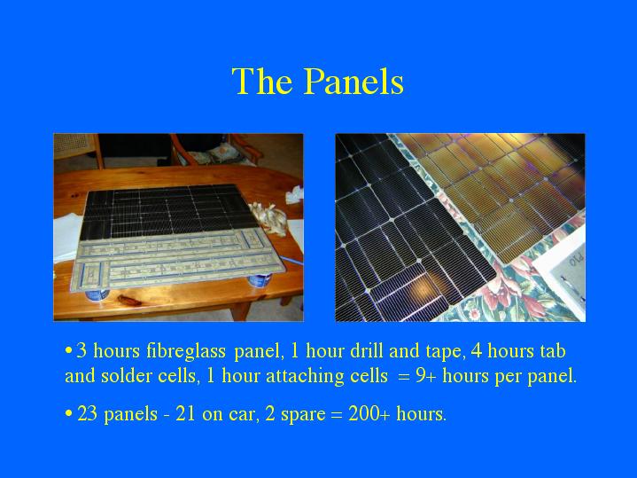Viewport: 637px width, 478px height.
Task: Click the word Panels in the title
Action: click(x=353, y=81)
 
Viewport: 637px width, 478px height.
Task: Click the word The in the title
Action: click(x=262, y=81)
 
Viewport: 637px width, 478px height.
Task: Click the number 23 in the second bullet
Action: click(x=87, y=414)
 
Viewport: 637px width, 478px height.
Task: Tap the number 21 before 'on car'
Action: click(x=185, y=414)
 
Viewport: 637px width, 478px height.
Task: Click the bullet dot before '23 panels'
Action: click(x=68, y=414)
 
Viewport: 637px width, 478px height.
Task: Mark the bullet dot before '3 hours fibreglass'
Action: click(x=68, y=350)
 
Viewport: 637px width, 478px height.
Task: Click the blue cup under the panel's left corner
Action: click(x=97, y=294)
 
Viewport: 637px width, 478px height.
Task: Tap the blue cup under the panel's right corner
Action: click(x=260, y=279)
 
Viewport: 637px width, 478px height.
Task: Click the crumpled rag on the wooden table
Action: click(x=269, y=218)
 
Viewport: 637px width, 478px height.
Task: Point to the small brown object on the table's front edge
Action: click(x=129, y=301)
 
